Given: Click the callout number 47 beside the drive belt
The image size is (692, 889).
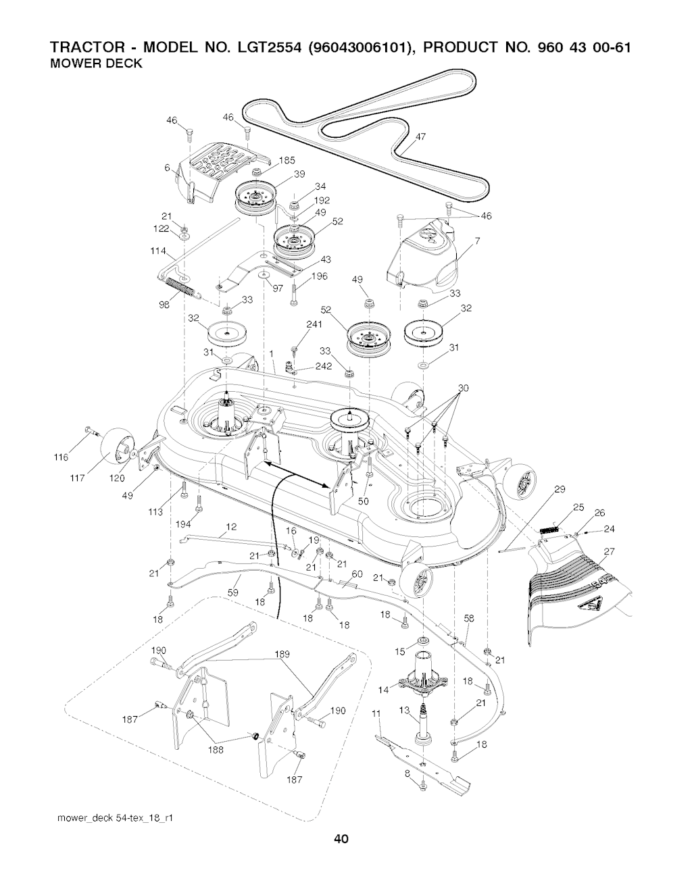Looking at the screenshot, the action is (420, 136).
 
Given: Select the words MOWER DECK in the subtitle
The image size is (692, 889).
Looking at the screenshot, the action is (96, 63).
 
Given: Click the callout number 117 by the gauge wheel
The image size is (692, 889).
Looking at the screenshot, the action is (77, 478).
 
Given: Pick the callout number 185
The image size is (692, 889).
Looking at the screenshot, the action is (287, 160).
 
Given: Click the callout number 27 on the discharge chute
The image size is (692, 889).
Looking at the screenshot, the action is (609, 551).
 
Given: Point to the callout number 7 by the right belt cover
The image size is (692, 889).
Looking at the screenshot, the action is (476, 241).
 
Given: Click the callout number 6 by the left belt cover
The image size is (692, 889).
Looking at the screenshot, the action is (167, 168).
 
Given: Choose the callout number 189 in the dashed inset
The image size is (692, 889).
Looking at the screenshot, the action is (282, 654).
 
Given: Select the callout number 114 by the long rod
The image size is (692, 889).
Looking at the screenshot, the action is (158, 251).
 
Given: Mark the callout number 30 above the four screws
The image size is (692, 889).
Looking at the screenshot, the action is (463, 388).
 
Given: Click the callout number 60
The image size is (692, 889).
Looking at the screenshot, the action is (357, 574).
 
